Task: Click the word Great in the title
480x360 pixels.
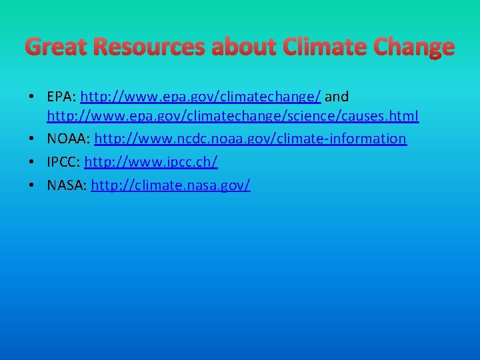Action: (x=55, y=47)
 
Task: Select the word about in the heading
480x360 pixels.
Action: (x=244, y=47)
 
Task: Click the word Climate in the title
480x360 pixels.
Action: (x=324, y=47)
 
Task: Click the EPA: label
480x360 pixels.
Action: (x=61, y=97)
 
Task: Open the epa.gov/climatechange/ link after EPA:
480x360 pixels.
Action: (x=200, y=97)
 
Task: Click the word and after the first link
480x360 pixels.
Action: (x=337, y=97)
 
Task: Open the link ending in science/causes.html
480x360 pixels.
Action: (x=233, y=117)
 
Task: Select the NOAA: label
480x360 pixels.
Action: (x=69, y=139)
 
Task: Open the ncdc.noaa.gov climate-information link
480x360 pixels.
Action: (x=250, y=139)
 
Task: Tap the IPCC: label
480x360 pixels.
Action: (x=63, y=162)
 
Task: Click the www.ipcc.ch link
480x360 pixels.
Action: (x=151, y=162)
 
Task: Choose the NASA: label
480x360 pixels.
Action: (x=67, y=185)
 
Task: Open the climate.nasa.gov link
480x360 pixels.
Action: (x=171, y=185)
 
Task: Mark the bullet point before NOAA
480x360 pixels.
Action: (x=33, y=139)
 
